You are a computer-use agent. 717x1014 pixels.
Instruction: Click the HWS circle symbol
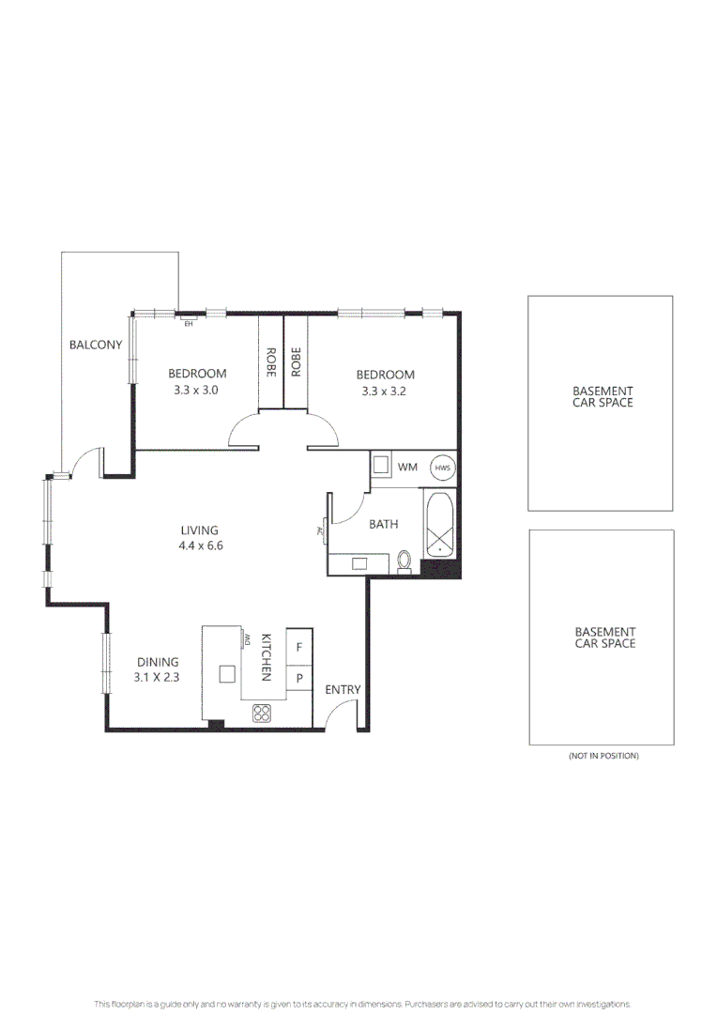click(x=441, y=467)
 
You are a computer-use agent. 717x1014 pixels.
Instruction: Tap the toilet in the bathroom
click(x=404, y=560)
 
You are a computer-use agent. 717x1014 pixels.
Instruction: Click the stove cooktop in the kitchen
click(x=262, y=714)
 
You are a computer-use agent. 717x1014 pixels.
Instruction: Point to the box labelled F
click(x=299, y=647)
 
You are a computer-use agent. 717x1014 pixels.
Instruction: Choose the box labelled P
click(x=299, y=678)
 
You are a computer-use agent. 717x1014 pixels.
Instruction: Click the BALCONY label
click(x=96, y=345)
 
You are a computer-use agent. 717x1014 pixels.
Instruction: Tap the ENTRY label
click(x=343, y=690)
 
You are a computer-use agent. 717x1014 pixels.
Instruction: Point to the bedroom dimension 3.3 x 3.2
click(x=385, y=391)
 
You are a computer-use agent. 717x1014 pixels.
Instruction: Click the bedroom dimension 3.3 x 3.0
click(x=196, y=390)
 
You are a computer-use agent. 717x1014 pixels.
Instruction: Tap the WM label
click(x=407, y=467)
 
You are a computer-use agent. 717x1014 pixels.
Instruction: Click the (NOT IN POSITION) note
click(x=603, y=756)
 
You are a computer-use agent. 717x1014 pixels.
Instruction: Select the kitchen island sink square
click(x=227, y=673)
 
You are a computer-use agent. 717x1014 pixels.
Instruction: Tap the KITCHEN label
click(x=266, y=656)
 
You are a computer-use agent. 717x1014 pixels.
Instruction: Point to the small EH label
click(x=188, y=324)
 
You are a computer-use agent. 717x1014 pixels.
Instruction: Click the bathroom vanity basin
click(x=359, y=563)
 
